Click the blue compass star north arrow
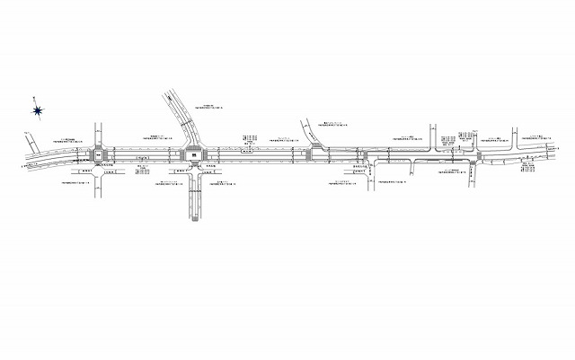click(x=38, y=110)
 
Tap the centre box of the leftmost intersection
click(x=98, y=155)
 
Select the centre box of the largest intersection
click(x=195, y=155)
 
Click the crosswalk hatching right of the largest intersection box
click(x=208, y=155)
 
